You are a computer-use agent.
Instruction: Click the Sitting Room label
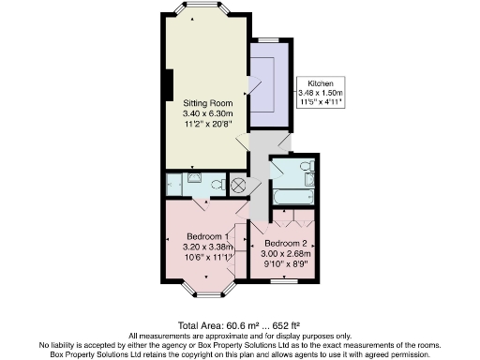click(206, 101)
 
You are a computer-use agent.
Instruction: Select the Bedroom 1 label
click(206, 235)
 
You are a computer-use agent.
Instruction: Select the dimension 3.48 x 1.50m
click(321, 93)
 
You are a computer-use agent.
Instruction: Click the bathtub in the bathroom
click(292, 198)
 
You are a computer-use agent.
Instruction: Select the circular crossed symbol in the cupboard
click(238, 185)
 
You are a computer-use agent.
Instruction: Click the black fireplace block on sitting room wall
click(166, 84)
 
